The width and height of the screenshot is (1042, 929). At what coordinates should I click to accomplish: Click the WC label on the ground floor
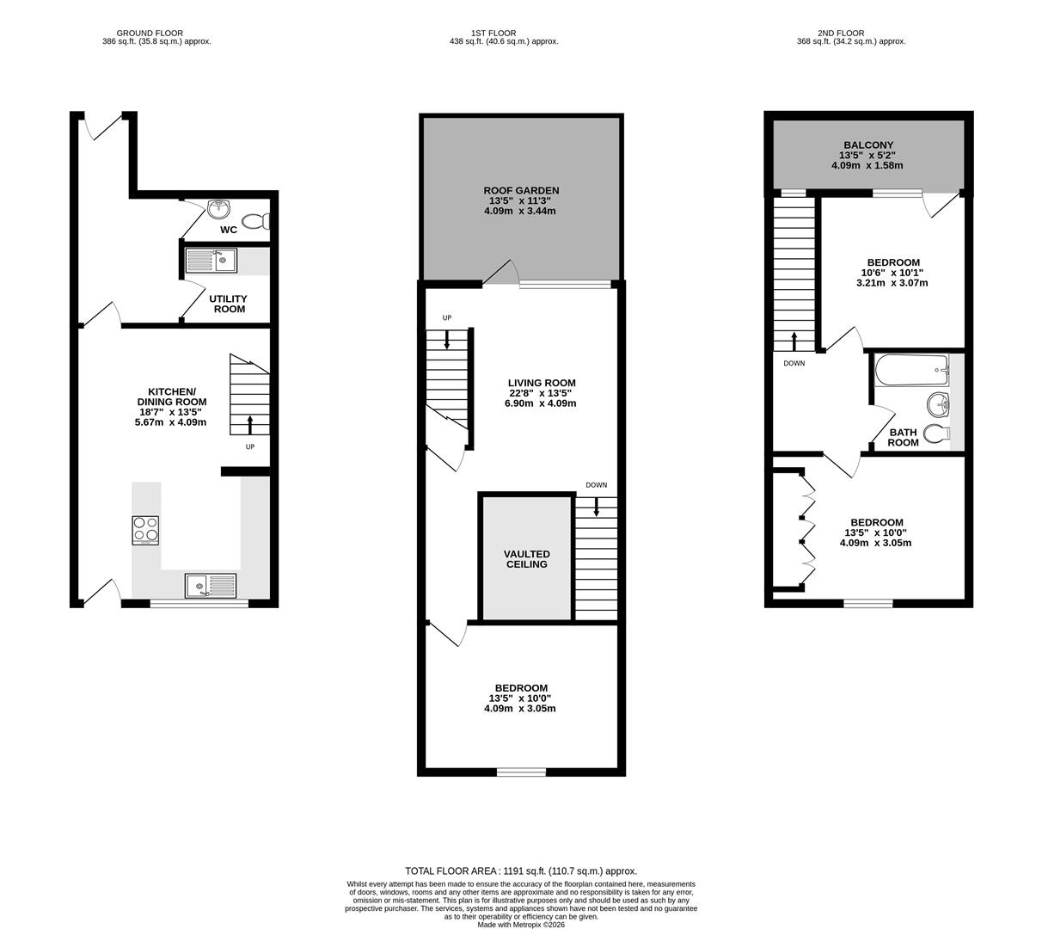click(228, 230)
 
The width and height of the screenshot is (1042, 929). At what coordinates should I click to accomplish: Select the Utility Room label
click(228, 304)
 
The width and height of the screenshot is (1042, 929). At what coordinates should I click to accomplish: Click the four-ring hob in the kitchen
click(145, 530)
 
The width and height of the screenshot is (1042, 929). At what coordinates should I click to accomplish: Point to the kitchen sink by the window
click(210, 586)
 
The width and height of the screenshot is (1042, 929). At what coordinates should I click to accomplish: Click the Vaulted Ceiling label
click(526, 559)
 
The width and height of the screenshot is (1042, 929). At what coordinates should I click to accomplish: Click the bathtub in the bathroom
click(910, 372)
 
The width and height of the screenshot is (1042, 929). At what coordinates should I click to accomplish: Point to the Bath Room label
click(903, 438)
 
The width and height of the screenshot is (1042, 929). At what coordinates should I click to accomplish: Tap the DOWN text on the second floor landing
click(794, 363)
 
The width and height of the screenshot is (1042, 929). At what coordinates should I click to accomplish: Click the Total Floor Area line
click(521, 871)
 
